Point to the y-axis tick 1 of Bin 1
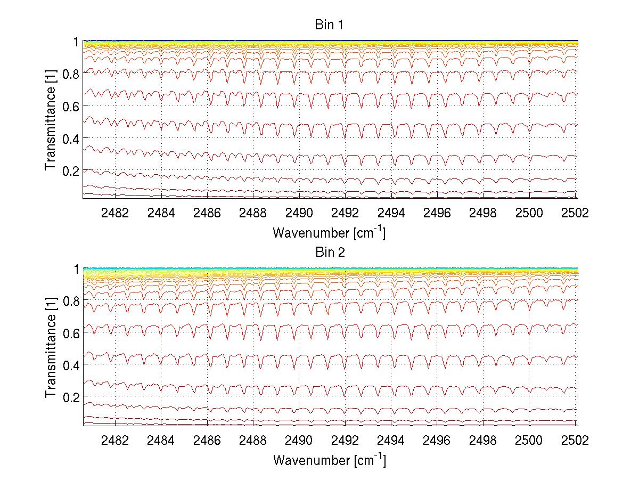click(x=76, y=42)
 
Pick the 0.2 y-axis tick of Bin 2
click(x=71, y=397)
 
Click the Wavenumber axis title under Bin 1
click(x=329, y=233)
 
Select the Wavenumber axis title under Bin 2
click(x=329, y=460)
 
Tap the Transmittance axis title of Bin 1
click(x=51, y=120)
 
